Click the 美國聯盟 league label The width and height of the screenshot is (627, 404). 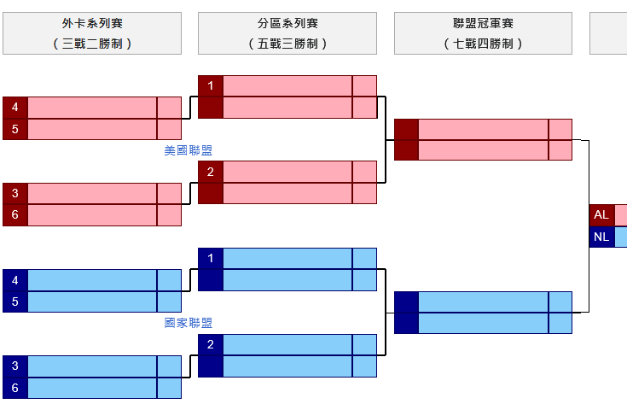point(188,150)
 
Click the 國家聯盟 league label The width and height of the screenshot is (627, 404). point(188,323)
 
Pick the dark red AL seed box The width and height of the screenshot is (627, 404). point(601,215)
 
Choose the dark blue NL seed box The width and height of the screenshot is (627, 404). point(601,237)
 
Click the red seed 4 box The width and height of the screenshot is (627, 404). point(15,108)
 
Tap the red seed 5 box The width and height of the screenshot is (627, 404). point(15,129)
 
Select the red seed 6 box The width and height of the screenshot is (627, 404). point(15,215)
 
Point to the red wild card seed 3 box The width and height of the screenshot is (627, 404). point(15,193)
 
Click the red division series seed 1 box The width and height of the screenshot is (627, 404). point(211,85)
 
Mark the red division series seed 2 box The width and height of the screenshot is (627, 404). point(211,172)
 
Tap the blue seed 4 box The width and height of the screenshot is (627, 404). point(15,280)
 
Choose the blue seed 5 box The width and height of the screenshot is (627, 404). point(15,302)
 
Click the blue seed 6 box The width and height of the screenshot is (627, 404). point(15,388)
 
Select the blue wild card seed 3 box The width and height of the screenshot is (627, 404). point(15,366)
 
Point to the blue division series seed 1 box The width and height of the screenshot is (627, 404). point(211,258)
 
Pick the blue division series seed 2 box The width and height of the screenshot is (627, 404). point(211,344)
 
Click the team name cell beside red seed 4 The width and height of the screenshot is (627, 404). point(92,108)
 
